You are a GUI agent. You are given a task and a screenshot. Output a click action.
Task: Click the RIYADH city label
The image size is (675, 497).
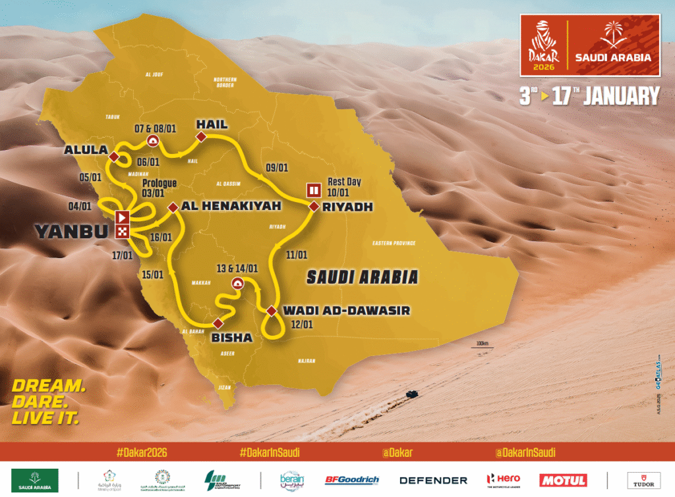[x=347, y=207]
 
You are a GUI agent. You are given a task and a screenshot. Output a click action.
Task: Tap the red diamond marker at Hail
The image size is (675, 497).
[x=202, y=136]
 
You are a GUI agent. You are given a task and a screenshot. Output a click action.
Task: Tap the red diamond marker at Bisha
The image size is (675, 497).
[x=218, y=323]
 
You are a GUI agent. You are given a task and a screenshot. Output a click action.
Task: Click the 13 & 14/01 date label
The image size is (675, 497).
[x=237, y=268]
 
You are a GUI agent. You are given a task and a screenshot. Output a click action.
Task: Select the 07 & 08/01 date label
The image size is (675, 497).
[x=153, y=124]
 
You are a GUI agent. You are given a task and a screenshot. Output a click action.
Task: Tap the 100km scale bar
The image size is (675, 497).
[x=479, y=345]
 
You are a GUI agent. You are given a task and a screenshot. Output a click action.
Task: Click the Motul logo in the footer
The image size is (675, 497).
[x=563, y=480]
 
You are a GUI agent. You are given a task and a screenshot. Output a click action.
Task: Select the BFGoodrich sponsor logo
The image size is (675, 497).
[x=351, y=480]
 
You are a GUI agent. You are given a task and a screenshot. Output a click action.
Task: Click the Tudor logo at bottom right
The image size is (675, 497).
[x=643, y=480]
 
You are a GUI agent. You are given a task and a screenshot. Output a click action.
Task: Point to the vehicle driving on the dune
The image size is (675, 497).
[x=411, y=393]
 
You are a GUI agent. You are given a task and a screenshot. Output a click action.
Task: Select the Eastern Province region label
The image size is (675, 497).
[x=394, y=243]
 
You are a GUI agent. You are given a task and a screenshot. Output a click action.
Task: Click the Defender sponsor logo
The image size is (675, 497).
[x=433, y=480]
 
